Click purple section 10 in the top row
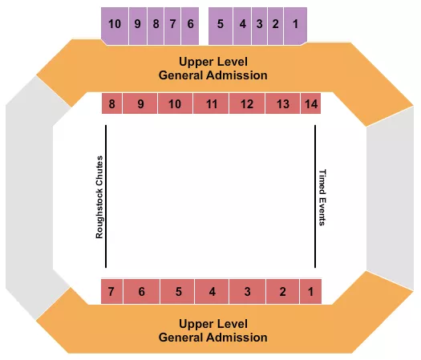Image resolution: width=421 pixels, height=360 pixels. pyautogui.click(x=115, y=24)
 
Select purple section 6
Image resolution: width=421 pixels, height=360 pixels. pyautogui.click(x=190, y=24)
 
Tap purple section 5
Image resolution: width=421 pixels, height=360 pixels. pyautogui.click(x=220, y=24)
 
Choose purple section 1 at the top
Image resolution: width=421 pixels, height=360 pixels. pyautogui.click(x=296, y=24)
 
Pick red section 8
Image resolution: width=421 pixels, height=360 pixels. pyautogui.click(x=113, y=104)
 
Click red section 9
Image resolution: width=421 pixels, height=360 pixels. pyautogui.click(x=140, y=104)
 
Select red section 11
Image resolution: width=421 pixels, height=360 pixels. pyautogui.click(x=212, y=104)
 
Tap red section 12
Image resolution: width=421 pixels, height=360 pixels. pyautogui.click(x=247, y=104)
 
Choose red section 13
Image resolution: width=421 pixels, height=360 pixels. pyautogui.click(x=282, y=104)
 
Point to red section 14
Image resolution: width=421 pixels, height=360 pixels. pyautogui.click(x=311, y=104)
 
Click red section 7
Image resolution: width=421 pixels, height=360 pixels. pyautogui.click(x=111, y=292)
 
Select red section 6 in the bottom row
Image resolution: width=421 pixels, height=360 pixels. pyautogui.click(x=141, y=292)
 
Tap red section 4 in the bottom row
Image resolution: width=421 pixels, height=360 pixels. pyautogui.click(x=212, y=292)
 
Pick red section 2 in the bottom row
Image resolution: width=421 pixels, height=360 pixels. pyautogui.click(x=282, y=292)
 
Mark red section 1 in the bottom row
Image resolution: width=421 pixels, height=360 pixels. pyautogui.click(x=311, y=292)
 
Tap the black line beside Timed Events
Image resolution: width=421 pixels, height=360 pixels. pyautogui.click(x=315, y=197)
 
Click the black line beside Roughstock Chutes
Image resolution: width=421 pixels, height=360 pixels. pyautogui.click(x=106, y=197)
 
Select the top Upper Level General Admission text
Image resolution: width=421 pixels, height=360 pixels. pyautogui.click(x=213, y=68)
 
